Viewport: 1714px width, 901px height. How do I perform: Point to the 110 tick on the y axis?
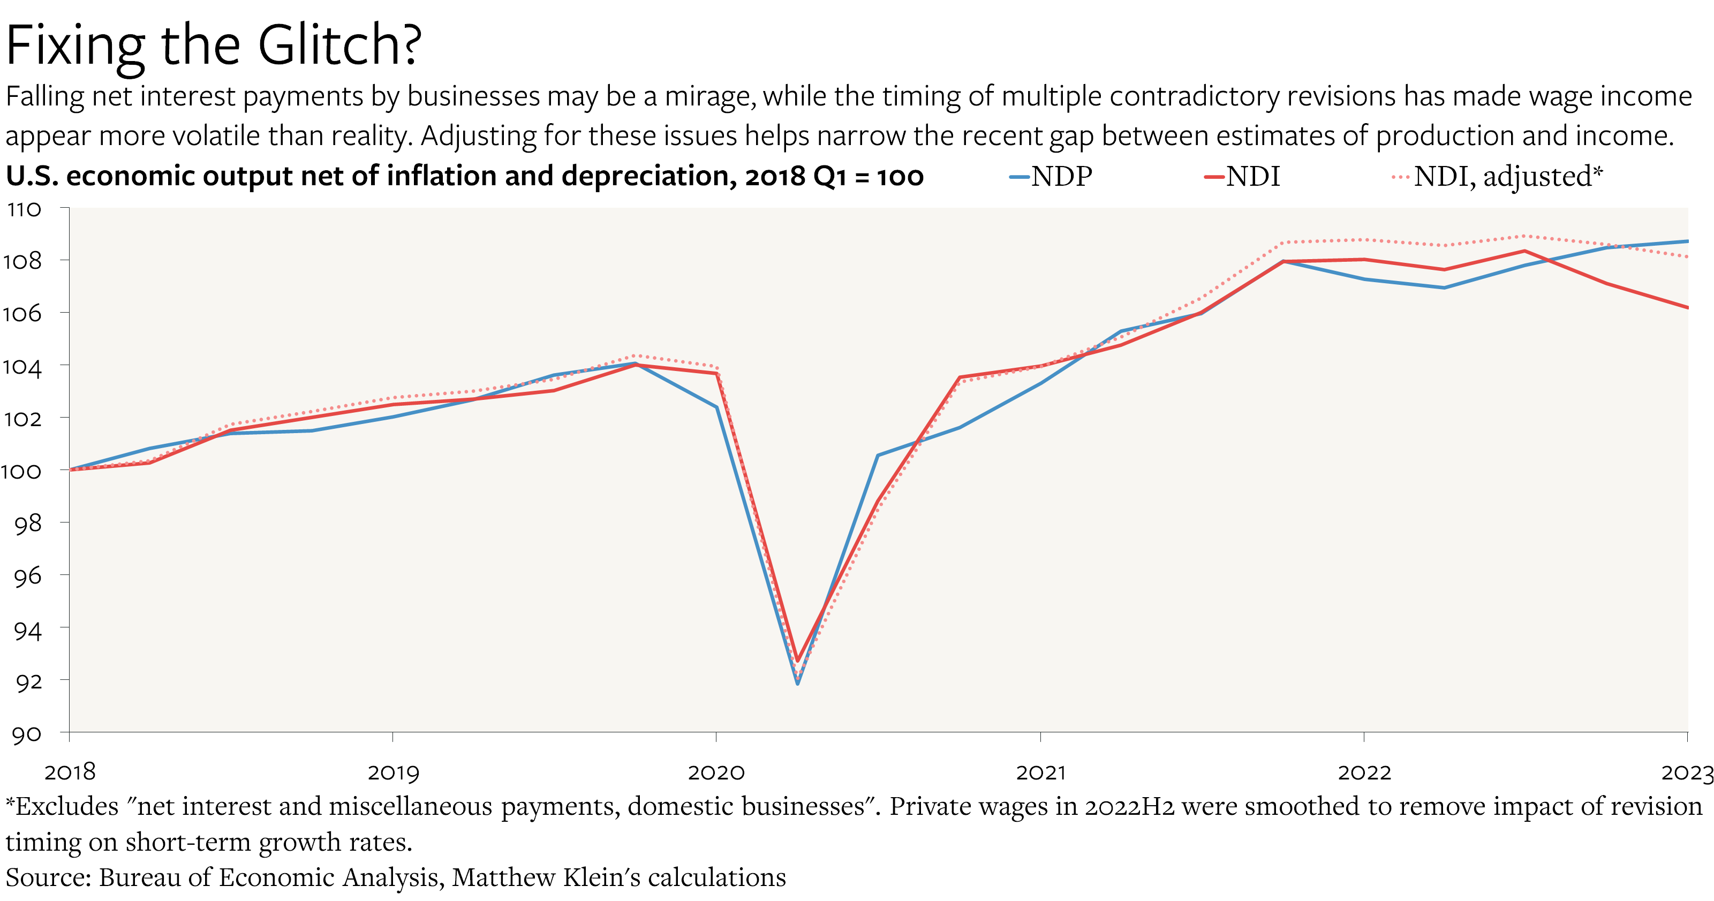pyautogui.click(x=25, y=210)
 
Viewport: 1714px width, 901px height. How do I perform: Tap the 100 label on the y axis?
pyautogui.click(x=22, y=471)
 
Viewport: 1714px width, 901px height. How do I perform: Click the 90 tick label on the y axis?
pyautogui.click(x=27, y=734)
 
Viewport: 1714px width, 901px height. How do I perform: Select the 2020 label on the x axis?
pyautogui.click(x=716, y=772)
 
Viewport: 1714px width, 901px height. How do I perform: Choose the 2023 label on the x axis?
pyautogui.click(x=1686, y=772)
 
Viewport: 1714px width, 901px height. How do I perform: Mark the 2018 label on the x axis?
pyautogui.click(x=70, y=772)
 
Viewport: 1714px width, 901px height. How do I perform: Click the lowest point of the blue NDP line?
pyautogui.click(x=798, y=684)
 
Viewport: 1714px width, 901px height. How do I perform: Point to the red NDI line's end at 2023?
pyautogui.click(x=1687, y=307)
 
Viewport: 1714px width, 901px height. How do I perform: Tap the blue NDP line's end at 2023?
pyautogui.click(x=1687, y=241)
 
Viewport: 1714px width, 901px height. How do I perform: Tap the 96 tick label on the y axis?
pyautogui.click(x=27, y=576)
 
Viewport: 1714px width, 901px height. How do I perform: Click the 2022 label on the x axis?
pyautogui.click(x=1364, y=772)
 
